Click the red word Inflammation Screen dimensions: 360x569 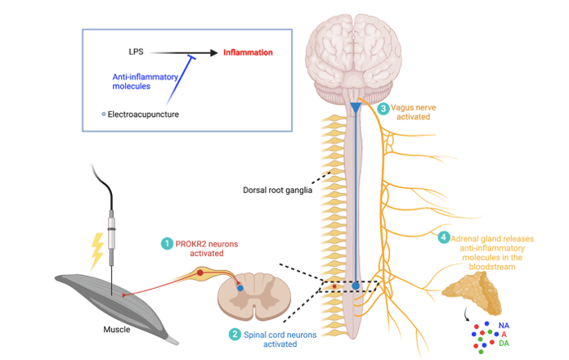pyautogui.click(x=248, y=53)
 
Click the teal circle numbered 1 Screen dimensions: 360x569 pyautogui.click(x=167, y=243)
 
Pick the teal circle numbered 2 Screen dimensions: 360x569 pyautogui.click(x=235, y=334)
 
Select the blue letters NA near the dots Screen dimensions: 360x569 pyautogui.click(x=504, y=325)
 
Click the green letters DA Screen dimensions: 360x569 pyautogui.click(x=505, y=344)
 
